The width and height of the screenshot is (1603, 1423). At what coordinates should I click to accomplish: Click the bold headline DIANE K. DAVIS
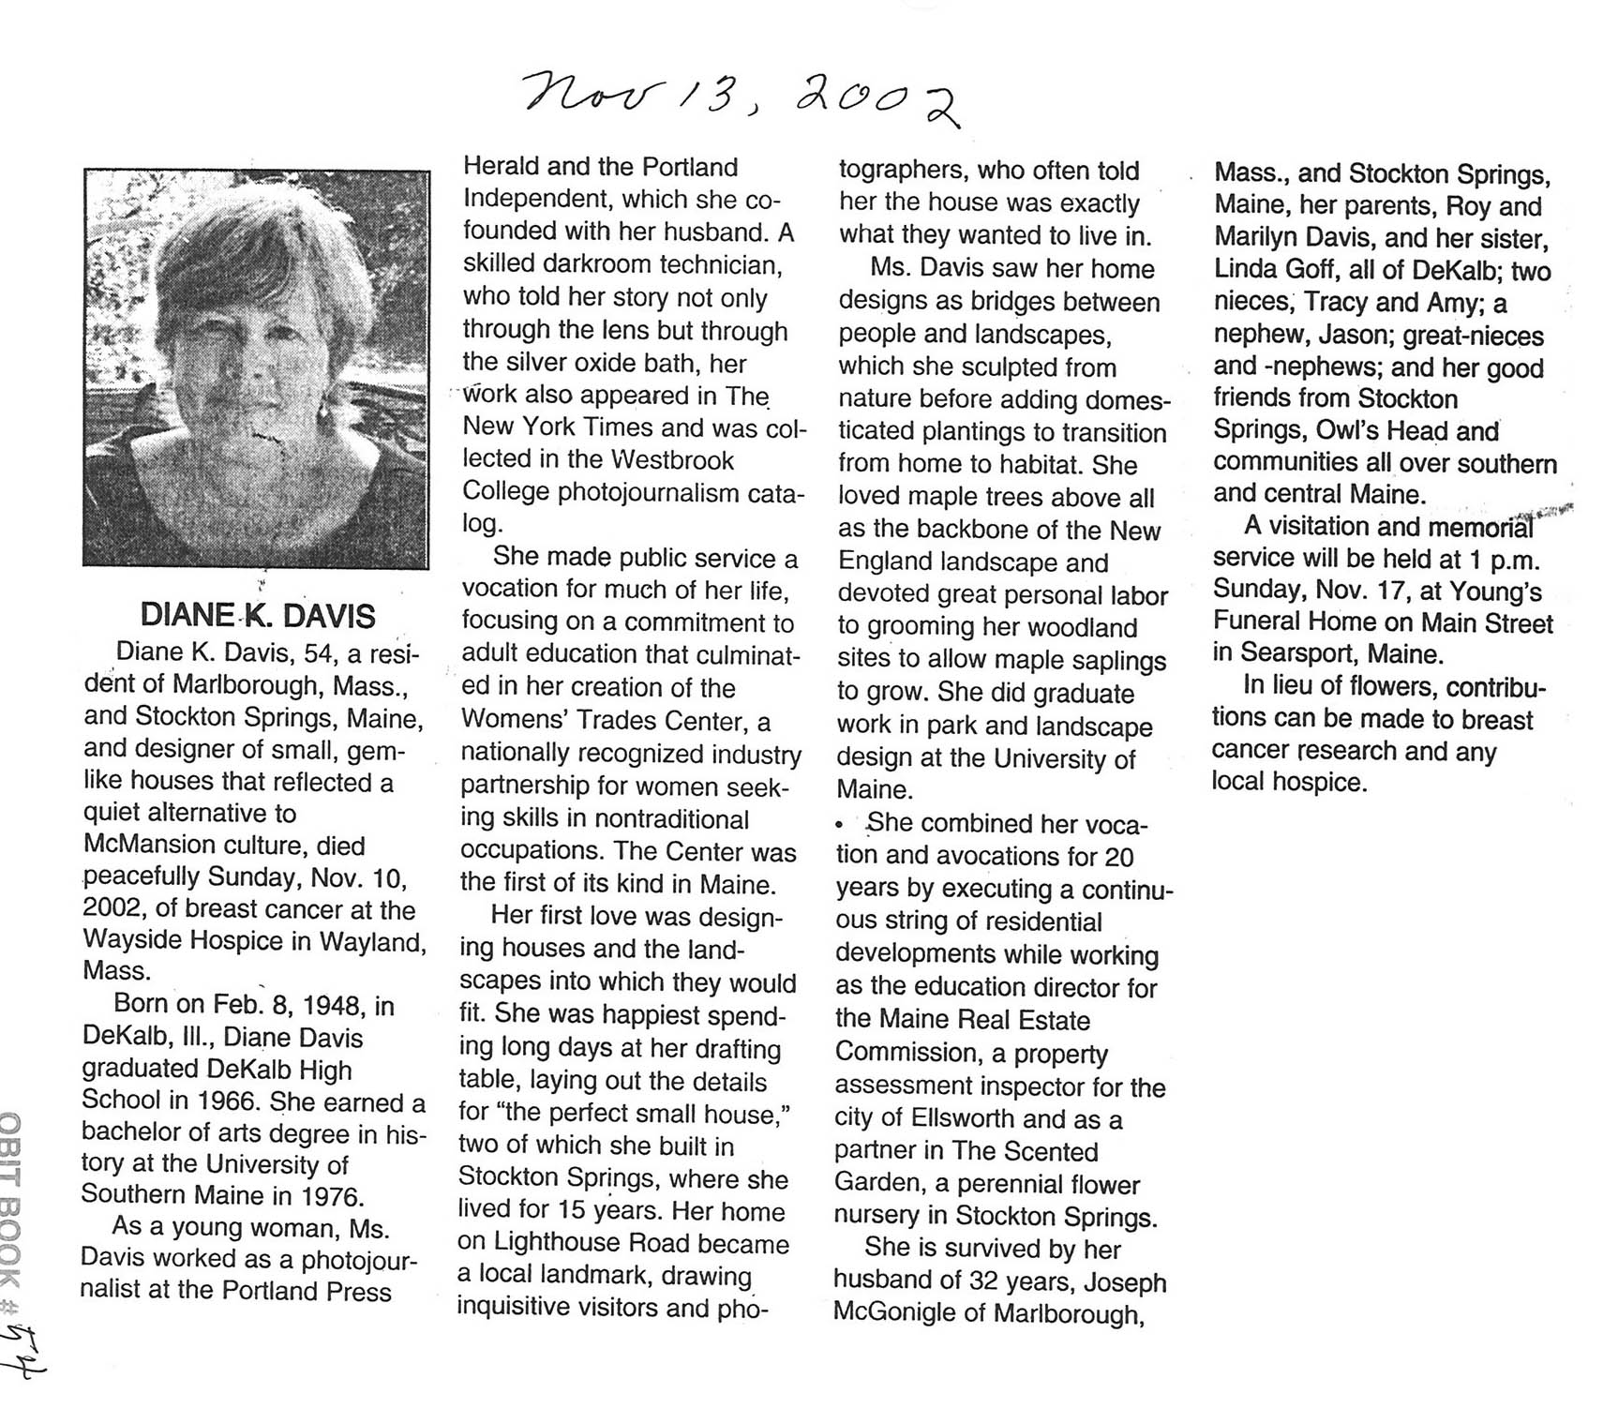[x=258, y=616]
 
